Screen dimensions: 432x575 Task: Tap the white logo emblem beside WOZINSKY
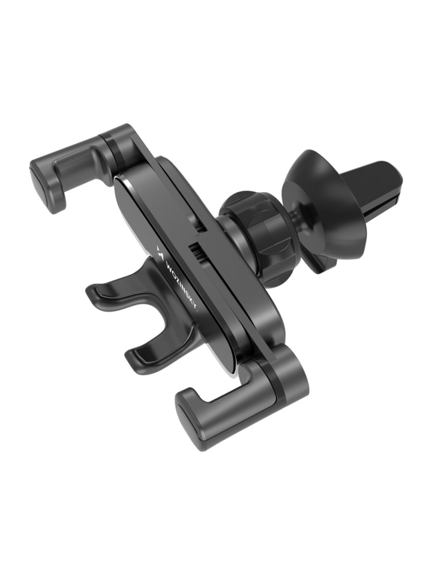click(160, 250)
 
